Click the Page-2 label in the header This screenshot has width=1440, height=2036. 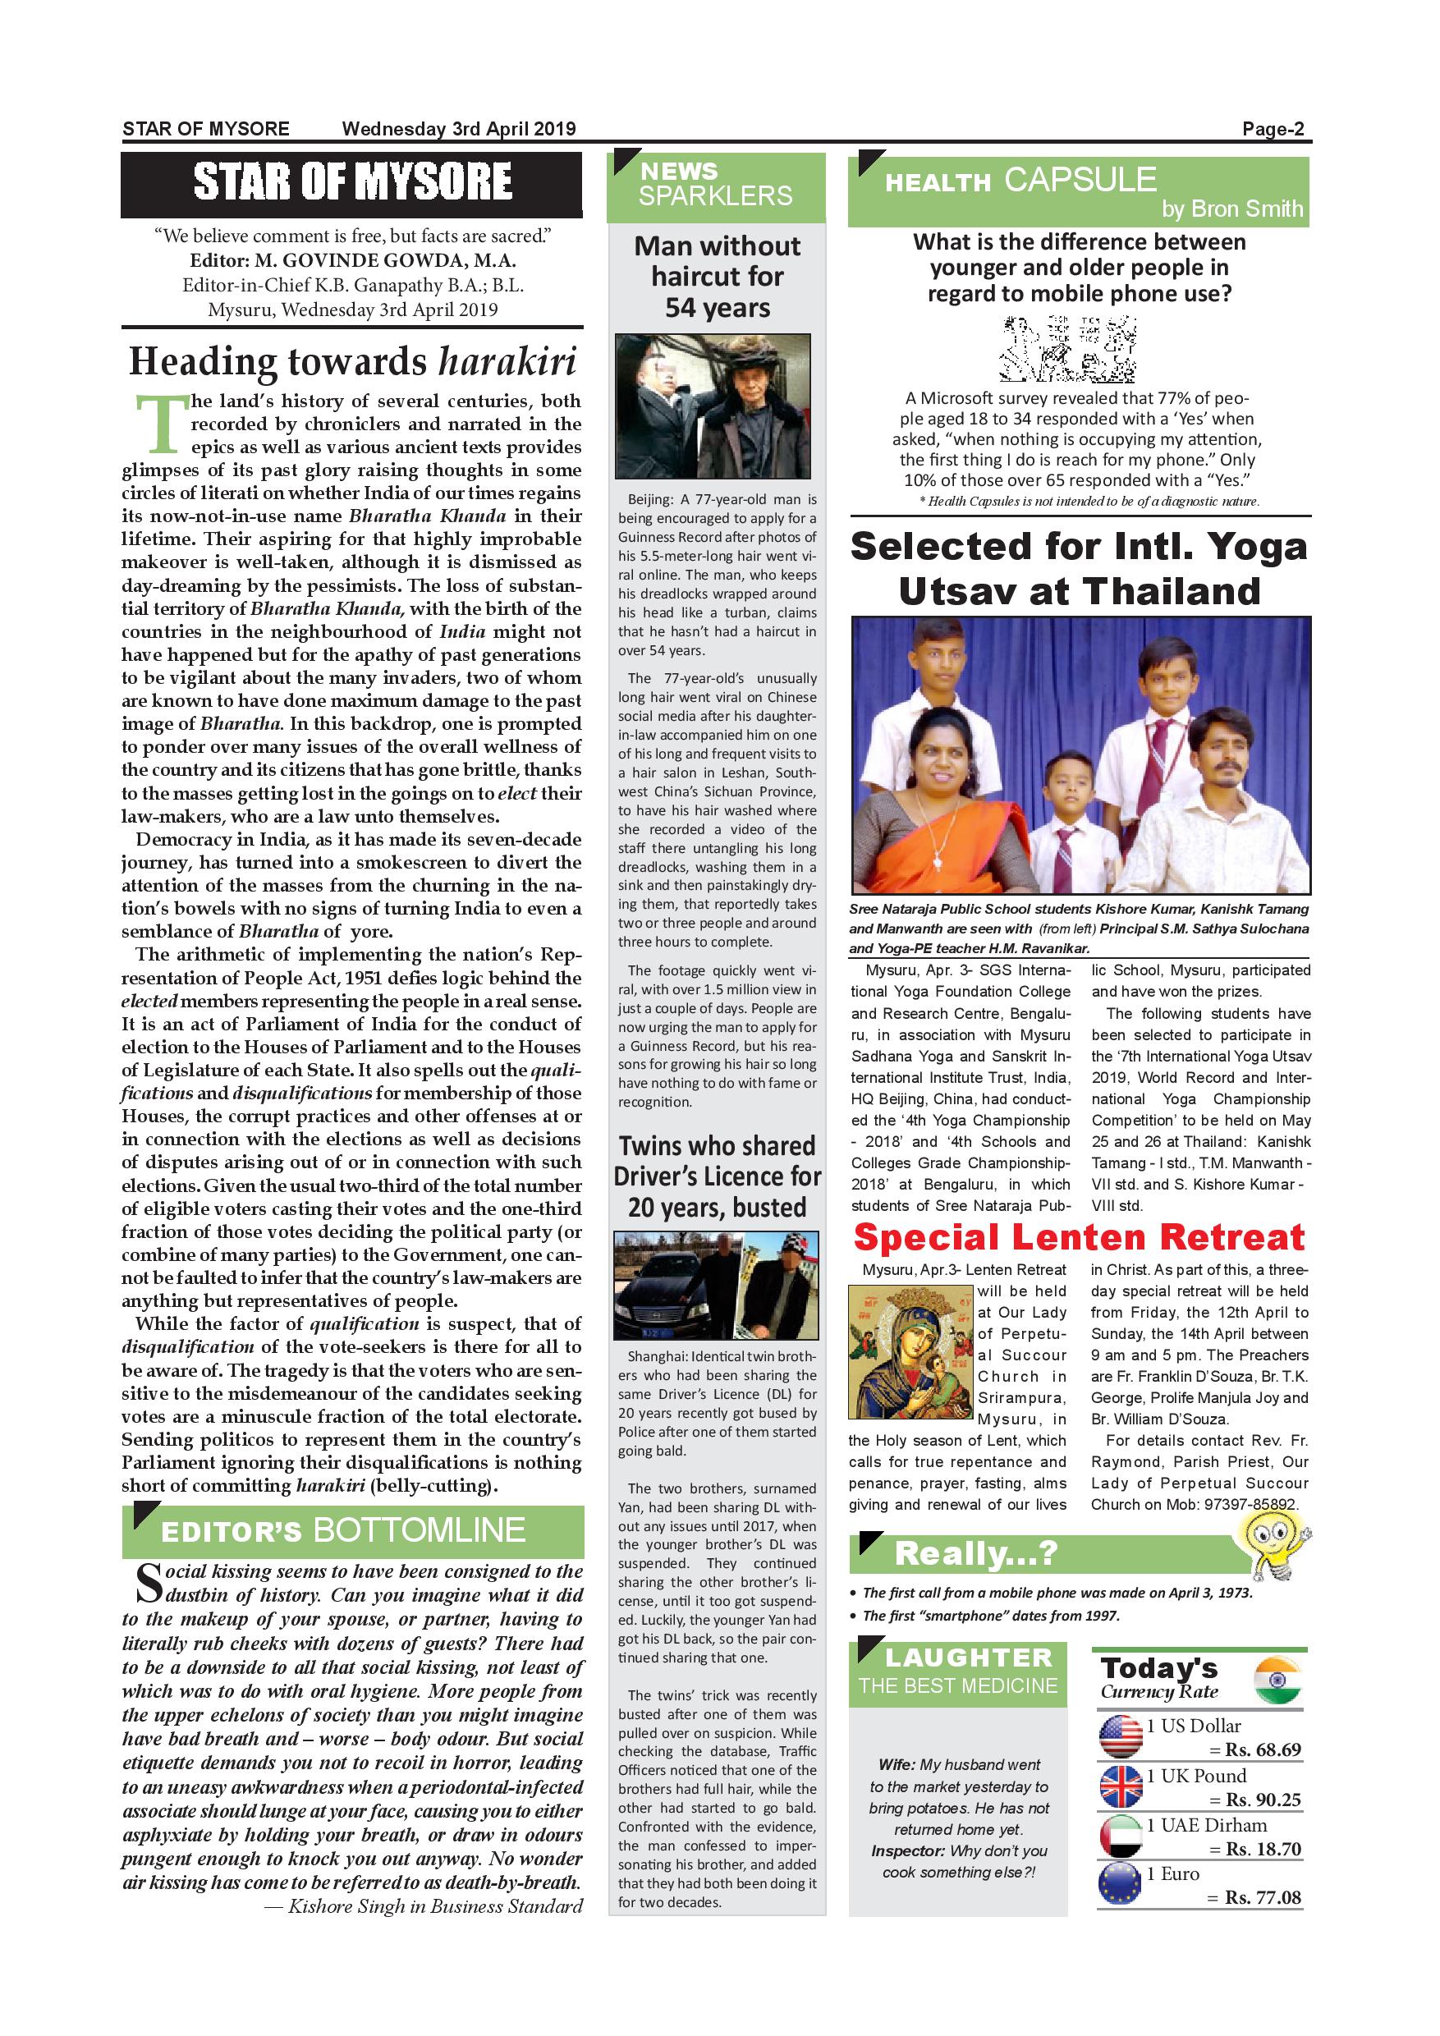(x=1273, y=130)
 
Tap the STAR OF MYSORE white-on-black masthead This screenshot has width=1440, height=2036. (x=352, y=183)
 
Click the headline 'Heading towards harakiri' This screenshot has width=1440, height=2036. (x=352, y=362)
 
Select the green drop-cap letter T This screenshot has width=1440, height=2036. (x=159, y=424)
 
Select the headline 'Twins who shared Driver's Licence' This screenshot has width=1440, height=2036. (x=717, y=1176)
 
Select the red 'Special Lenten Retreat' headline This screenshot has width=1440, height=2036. (x=1078, y=1237)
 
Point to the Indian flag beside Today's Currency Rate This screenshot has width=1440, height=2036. (x=1277, y=1680)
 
